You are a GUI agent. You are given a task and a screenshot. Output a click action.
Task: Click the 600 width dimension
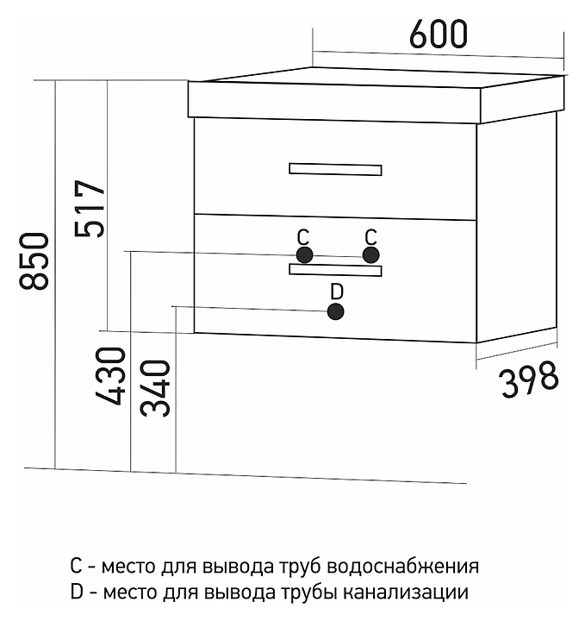pyautogui.click(x=439, y=34)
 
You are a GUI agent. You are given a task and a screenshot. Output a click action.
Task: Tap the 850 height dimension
pyautogui.click(x=34, y=261)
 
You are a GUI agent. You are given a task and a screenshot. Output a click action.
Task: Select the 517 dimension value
pyautogui.click(x=90, y=209)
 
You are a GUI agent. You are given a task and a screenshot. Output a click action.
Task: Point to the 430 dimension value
pyautogui.click(x=110, y=376)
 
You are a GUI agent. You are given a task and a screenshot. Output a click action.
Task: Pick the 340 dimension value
pyautogui.click(x=155, y=388)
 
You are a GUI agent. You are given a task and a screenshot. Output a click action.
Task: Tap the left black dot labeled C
pyautogui.click(x=304, y=255)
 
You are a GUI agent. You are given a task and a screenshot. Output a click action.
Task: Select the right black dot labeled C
pyautogui.click(x=370, y=254)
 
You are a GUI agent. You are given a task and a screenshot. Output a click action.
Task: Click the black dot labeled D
pyautogui.click(x=336, y=311)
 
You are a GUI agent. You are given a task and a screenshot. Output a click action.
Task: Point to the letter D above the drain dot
pyautogui.click(x=337, y=292)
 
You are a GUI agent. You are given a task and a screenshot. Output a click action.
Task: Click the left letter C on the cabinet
pyautogui.click(x=303, y=237)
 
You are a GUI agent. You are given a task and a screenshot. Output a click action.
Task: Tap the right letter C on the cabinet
pyautogui.click(x=371, y=237)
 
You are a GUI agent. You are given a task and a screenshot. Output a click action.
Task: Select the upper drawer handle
pyautogui.click(x=335, y=170)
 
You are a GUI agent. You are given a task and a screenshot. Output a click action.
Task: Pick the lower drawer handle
pyautogui.click(x=335, y=270)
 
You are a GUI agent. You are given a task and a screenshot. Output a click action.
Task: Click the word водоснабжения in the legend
pyautogui.click(x=403, y=567)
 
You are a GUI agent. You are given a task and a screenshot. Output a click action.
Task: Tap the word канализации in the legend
pyautogui.click(x=406, y=593)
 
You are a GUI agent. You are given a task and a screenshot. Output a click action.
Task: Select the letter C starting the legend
pyautogui.click(x=76, y=566)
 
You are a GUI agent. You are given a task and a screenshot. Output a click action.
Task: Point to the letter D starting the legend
pyautogui.click(x=77, y=592)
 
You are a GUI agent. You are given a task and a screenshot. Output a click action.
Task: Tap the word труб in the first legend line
pyautogui.click(x=302, y=568)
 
